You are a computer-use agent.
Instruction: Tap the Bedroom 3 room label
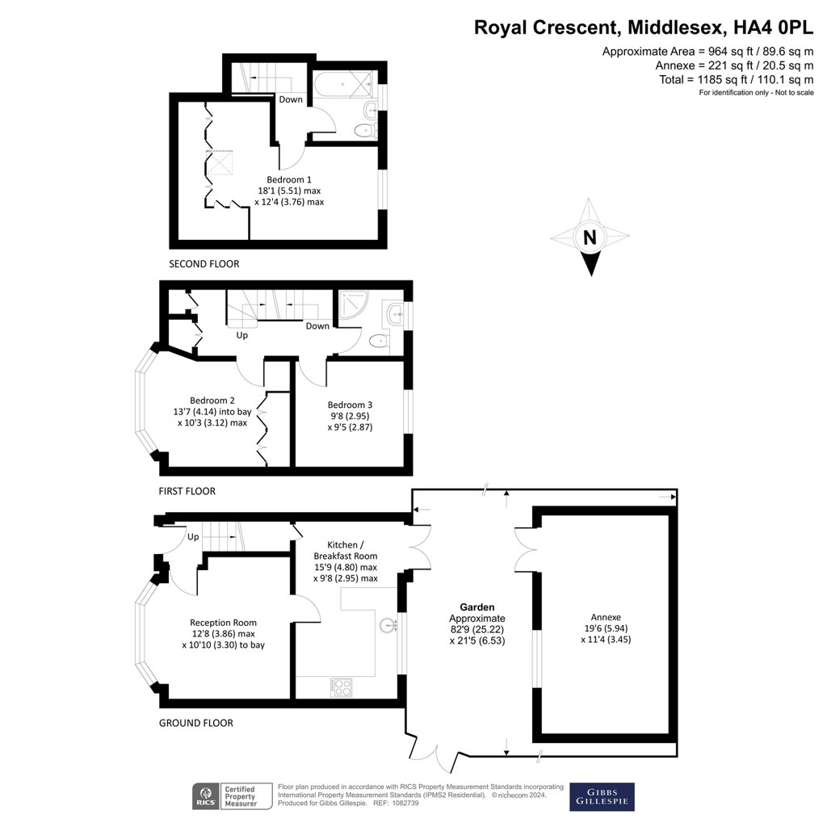pos(350,405)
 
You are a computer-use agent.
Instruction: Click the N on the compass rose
pos(590,237)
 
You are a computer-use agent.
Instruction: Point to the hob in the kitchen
pos(342,687)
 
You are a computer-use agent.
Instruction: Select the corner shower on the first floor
pos(352,307)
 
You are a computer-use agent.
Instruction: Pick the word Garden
pos(477,607)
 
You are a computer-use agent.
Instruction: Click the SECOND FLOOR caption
pos(204,264)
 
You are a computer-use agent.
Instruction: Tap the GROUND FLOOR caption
pos(196,723)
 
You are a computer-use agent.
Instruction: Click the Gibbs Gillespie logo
pos(602,796)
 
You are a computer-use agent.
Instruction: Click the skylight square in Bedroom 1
pos(220,164)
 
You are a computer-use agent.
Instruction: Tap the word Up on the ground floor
pos(193,537)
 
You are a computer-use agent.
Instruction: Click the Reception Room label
pos(223,623)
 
